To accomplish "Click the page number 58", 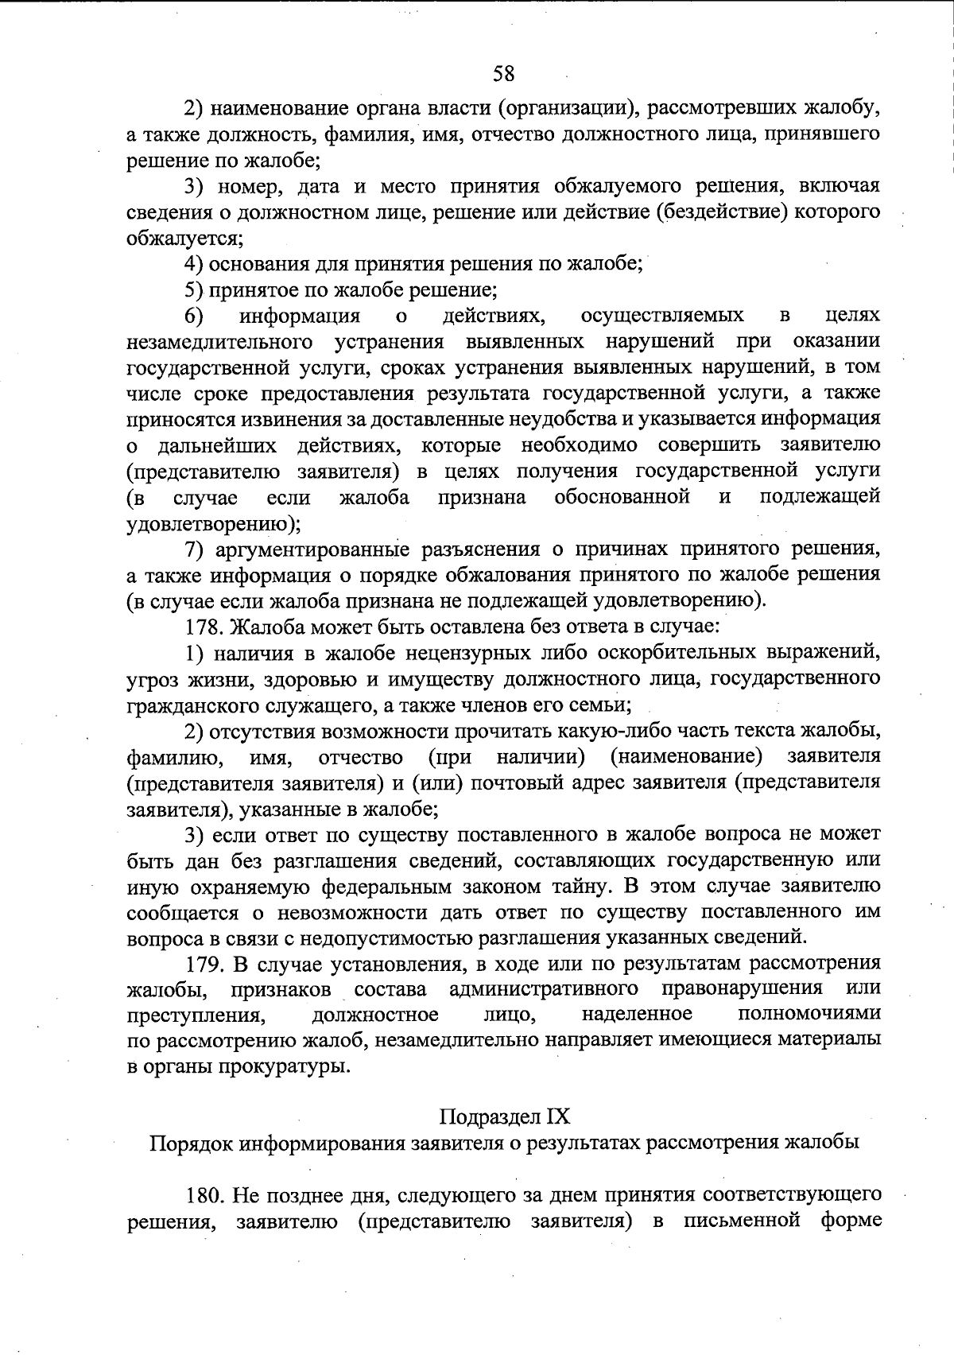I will pyautogui.click(x=503, y=74).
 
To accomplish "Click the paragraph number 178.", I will pyautogui.click(x=205, y=627).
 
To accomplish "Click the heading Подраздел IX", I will pyautogui.click(x=505, y=1116).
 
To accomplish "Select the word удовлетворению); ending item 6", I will pyautogui.click(x=214, y=523).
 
